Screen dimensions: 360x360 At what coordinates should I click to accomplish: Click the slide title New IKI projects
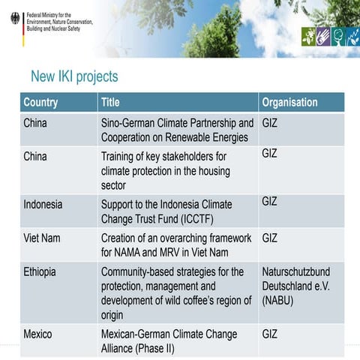[x=74, y=76]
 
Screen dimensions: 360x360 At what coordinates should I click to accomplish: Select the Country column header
[x=40, y=103]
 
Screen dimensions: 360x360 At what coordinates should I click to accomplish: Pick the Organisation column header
[x=289, y=103]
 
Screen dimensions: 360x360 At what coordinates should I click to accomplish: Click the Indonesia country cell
[x=43, y=204]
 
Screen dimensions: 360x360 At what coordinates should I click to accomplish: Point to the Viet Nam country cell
[x=43, y=238]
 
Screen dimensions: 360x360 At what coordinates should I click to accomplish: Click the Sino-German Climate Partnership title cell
[x=177, y=130]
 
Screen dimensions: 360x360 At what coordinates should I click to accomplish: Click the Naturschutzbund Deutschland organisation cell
[x=295, y=285]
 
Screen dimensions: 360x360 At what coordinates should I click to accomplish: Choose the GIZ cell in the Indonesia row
[x=270, y=201]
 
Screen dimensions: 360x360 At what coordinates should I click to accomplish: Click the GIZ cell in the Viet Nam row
[x=270, y=238]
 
